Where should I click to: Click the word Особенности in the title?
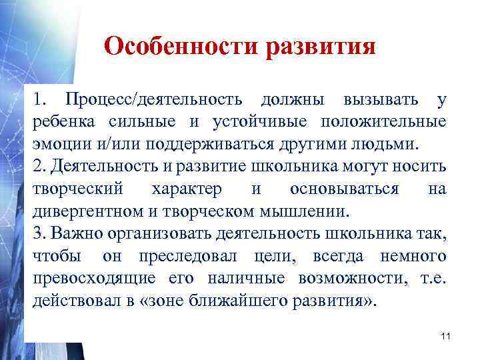point(181,47)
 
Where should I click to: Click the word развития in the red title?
point(321,48)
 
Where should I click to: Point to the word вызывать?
point(381,101)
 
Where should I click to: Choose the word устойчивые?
point(263,122)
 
